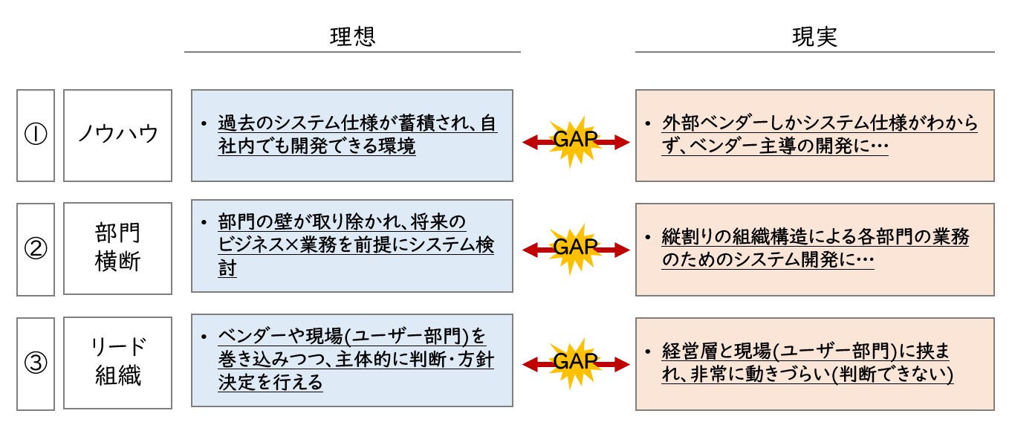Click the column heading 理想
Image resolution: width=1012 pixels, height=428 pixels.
[x=352, y=36]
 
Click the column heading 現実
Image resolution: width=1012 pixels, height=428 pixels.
[x=814, y=36]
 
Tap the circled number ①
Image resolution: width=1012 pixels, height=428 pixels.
[x=36, y=134]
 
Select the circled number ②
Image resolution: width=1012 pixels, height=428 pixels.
[x=36, y=249]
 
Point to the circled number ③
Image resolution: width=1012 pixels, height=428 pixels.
[x=36, y=363]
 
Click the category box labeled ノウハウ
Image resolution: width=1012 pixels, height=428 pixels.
[x=117, y=135]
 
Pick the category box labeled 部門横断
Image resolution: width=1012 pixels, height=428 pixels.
[x=117, y=249]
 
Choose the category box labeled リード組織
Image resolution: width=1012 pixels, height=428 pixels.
[x=117, y=363]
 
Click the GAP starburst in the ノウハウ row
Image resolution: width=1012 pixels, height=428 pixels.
[x=575, y=141]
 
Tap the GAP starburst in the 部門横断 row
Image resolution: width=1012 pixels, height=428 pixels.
[x=575, y=250]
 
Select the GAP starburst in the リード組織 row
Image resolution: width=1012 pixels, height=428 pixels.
[x=575, y=364]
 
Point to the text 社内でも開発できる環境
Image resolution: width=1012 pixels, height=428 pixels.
[x=317, y=146]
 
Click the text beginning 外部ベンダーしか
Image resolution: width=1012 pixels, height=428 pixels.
[x=820, y=134]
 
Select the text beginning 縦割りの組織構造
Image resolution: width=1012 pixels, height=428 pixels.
[x=816, y=248]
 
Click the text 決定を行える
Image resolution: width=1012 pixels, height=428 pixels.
[x=270, y=383]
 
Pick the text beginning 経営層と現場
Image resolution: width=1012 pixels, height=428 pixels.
[x=808, y=363]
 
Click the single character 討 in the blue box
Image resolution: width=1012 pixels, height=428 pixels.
[x=227, y=268]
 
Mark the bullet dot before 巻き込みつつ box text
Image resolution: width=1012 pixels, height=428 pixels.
[x=204, y=337]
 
